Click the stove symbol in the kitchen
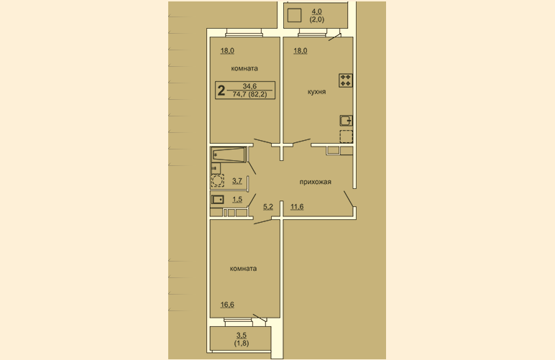346,80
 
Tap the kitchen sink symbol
347,121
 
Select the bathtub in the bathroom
229,155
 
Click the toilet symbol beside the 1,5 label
218,200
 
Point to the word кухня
316,92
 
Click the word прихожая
316,182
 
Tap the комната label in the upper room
244,68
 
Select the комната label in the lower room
243,269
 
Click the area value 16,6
227,305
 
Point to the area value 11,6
297,207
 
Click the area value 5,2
268,207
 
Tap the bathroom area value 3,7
237,181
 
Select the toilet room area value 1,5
237,200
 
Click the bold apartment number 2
221,91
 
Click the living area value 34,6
249,86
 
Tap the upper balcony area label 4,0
317,11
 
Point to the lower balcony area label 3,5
242,336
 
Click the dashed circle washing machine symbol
217,180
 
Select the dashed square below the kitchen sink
347,137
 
